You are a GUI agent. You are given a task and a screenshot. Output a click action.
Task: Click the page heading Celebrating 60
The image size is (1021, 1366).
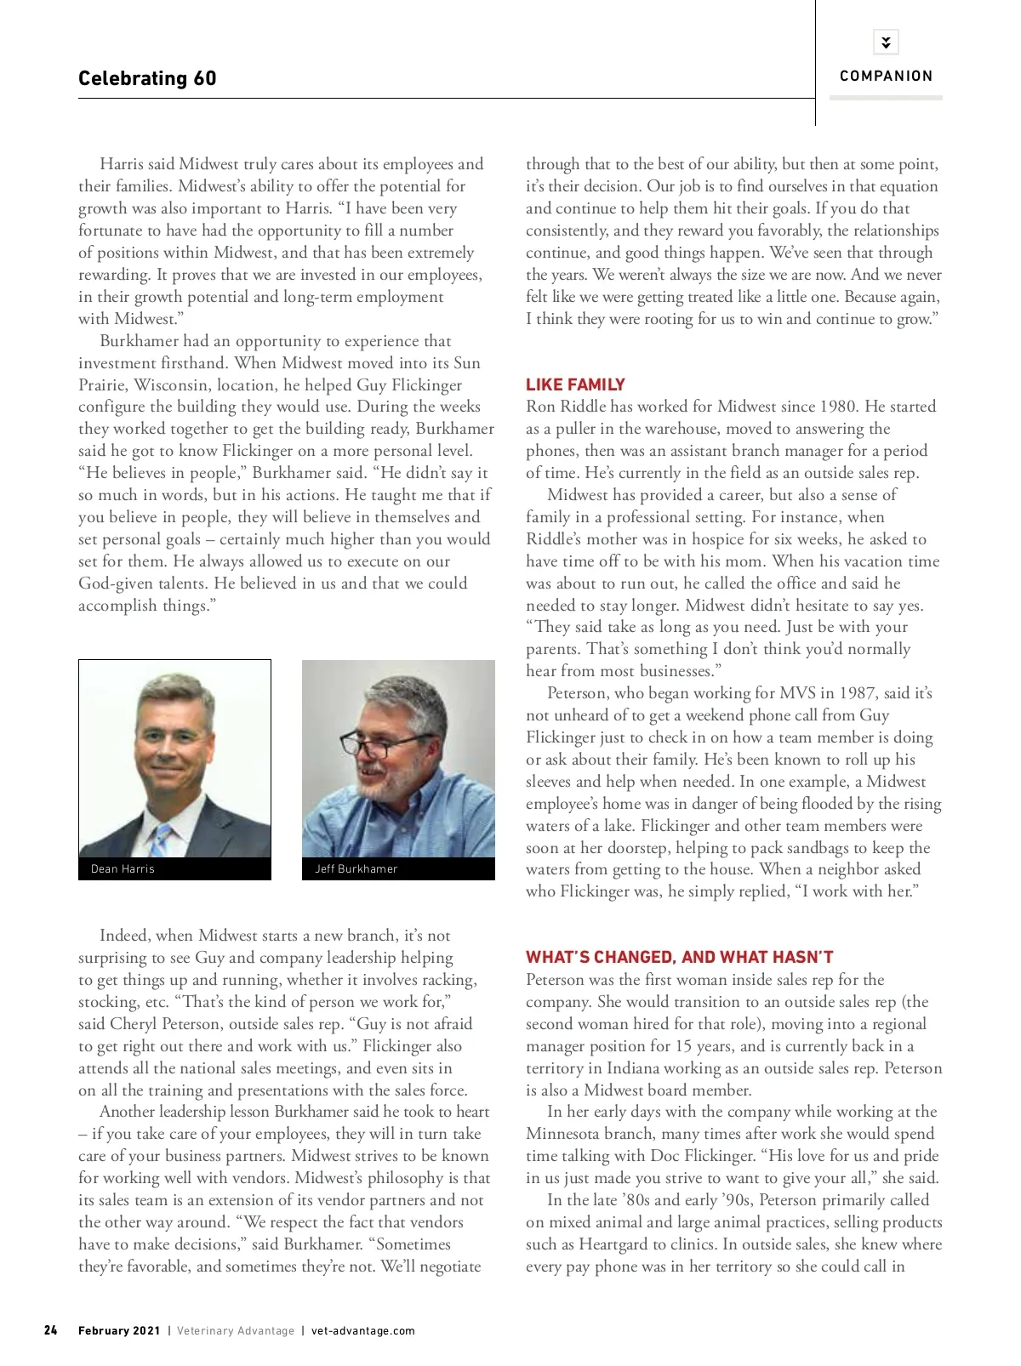[x=147, y=78]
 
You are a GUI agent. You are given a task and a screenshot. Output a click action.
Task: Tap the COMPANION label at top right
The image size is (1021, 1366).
[x=886, y=76]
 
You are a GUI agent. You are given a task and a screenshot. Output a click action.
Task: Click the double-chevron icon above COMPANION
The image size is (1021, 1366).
[x=886, y=42]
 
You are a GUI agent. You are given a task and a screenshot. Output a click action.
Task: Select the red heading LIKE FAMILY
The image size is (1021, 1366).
[x=575, y=384]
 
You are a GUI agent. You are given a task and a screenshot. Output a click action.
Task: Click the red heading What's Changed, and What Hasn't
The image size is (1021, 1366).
[x=679, y=957]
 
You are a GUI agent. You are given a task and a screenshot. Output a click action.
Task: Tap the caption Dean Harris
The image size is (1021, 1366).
[x=123, y=868]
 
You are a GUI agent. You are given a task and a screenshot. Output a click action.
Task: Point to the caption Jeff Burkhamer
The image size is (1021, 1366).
[x=356, y=868]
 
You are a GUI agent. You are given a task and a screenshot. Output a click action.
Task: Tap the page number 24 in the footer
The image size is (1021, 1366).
[x=51, y=1330]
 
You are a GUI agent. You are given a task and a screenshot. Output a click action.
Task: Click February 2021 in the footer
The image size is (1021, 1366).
[x=119, y=1330]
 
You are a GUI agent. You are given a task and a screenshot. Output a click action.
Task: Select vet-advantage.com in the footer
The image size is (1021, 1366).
[x=363, y=1330]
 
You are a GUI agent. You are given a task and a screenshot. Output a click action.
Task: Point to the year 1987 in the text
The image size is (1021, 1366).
[x=856, y=693]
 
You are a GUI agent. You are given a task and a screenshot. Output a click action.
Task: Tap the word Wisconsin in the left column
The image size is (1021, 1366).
[x=173, y=385]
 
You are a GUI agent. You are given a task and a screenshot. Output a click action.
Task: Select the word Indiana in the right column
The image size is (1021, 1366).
[x=636, y=1068]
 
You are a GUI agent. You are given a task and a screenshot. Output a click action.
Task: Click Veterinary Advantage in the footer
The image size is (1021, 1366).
[x=236, y=1330]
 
